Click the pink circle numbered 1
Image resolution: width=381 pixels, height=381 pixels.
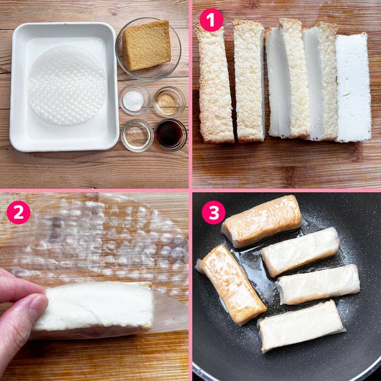coord(211,20)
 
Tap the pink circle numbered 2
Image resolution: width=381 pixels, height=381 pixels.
coord(18,213)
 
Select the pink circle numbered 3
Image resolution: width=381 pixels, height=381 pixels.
coord(213,213)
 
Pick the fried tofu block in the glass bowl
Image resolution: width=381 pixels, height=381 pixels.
coord(146,45)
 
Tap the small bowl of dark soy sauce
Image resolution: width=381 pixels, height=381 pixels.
coord(170,134)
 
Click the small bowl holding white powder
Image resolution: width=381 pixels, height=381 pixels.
coord(134,100)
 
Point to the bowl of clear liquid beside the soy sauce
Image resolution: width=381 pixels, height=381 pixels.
coord(137,134)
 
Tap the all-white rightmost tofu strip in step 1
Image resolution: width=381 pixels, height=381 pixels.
coord(353,87)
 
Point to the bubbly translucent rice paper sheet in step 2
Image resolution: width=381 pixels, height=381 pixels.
coord(109,239)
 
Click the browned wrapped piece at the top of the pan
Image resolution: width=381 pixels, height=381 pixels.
coord(261,220)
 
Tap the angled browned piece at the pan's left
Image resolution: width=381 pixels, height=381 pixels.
coord(232,283)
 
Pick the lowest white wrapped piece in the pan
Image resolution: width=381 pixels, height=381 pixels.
coord(301,325)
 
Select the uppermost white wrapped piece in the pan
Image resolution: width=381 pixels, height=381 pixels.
coord(300,251)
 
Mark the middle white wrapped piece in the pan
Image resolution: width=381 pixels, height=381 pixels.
coord(318,284)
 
